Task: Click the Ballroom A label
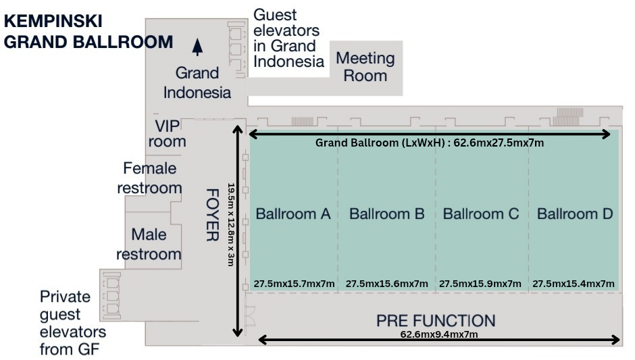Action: [293, 214]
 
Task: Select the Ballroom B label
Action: [386, 214]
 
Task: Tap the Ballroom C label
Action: [480, 214]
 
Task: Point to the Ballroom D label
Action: [574, 214]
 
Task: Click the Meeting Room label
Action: [365, 66]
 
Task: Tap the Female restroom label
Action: [149, 178]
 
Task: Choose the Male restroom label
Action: [149, 244]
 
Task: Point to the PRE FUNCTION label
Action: [436, 320]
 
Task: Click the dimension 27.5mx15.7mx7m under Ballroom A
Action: [294, 284]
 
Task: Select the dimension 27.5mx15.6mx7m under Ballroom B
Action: [386, 284]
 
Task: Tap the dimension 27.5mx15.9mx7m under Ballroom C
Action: [480, 284]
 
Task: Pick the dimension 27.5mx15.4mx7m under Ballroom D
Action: [574, 284]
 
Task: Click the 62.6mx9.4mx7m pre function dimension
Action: [440, 334]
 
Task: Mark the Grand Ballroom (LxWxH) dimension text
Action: [430, 143]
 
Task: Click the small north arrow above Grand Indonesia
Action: [197, 46]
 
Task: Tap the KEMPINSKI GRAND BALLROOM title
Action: [88, 32]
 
